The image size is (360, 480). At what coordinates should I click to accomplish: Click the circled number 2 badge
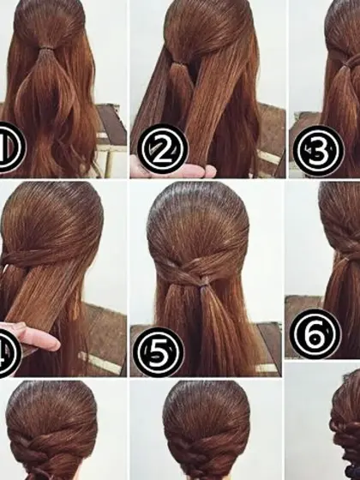[x=162, y=149]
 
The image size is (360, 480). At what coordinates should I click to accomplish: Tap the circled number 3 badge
[x=318, y=151]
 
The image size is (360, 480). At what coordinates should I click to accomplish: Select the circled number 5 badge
[x=159, y=352]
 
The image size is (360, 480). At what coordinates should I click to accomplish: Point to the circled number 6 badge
[x=315, y=333]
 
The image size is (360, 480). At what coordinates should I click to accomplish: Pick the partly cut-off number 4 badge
[x=9, y=354]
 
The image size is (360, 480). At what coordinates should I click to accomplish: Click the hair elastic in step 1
[x=46, y=48]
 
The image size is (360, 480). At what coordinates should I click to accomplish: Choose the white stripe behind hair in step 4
[x=100, y=363]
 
